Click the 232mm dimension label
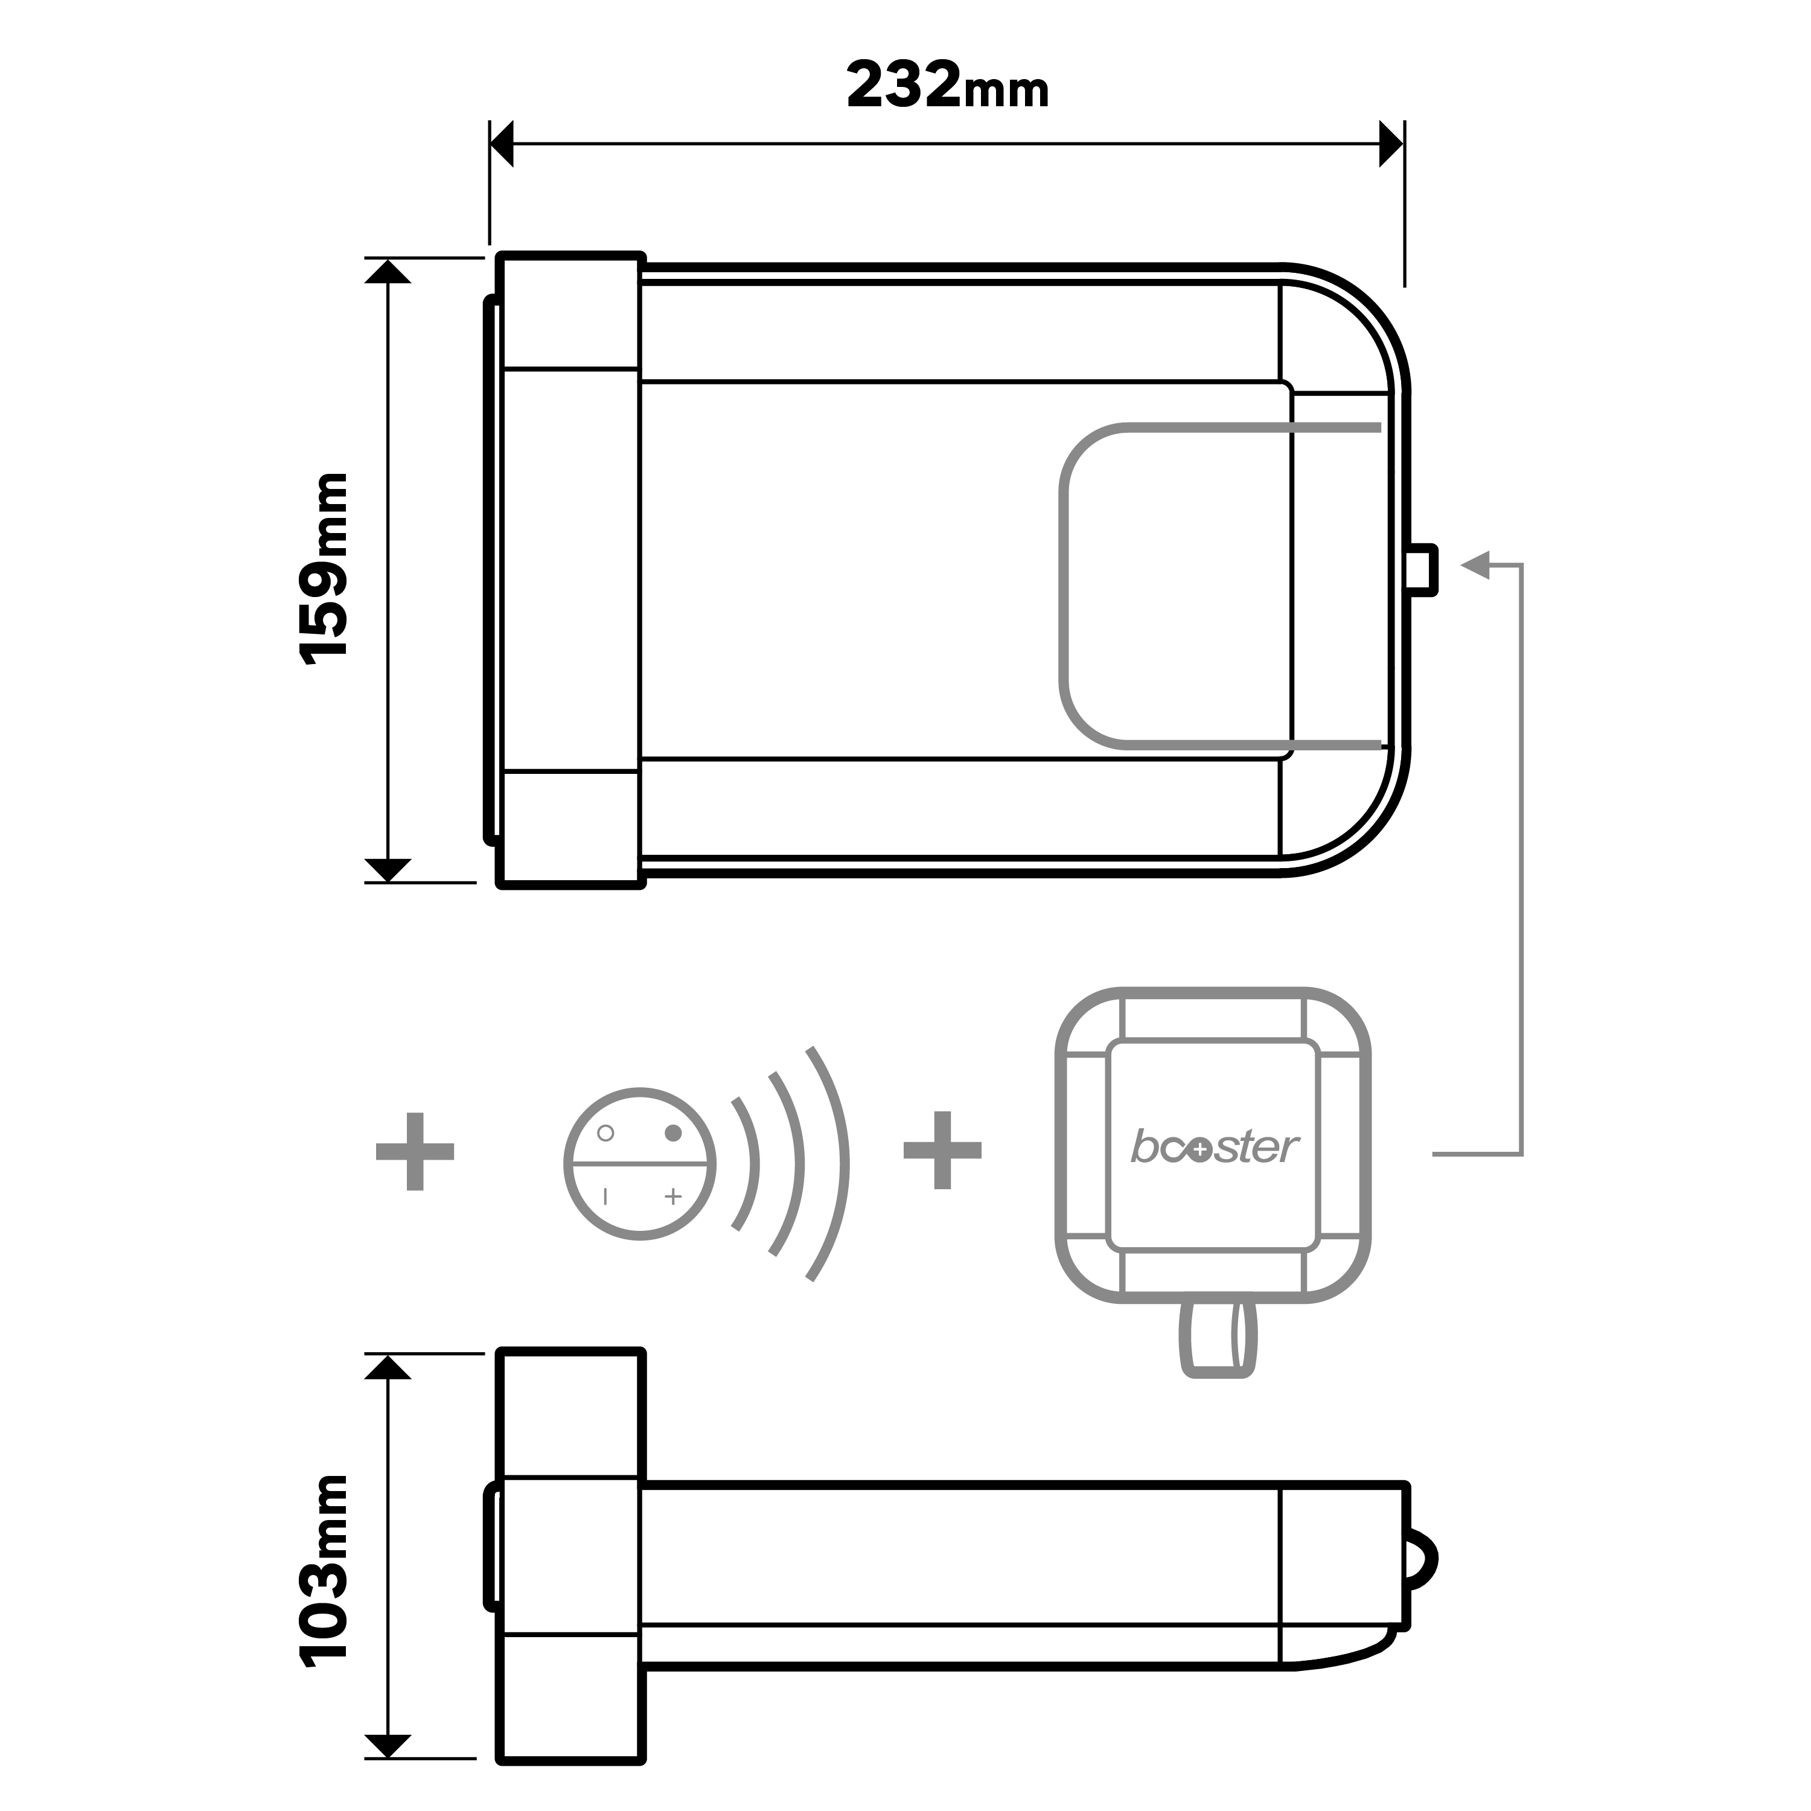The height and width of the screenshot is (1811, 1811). click(947, 86)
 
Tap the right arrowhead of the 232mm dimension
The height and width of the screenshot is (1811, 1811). click(1392, 144)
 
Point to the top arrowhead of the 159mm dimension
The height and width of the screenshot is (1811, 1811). click(387, 272)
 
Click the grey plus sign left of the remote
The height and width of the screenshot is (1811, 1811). click(415, 1152)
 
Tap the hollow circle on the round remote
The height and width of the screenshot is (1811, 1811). click(605, 1133)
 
